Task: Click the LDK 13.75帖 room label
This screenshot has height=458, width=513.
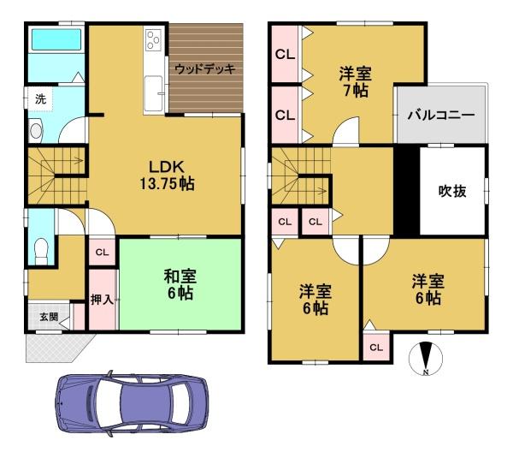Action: click(x=167, y=175)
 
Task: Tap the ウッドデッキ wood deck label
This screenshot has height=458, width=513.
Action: click(x=205, y=69)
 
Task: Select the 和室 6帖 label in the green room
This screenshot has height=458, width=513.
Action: click(x=180, y=285)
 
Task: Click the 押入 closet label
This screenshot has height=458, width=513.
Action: click(x=103, y=299)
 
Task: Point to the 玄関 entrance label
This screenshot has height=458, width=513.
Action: click(x=49, y=317)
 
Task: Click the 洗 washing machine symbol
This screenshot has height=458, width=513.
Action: click(x=40, y=99)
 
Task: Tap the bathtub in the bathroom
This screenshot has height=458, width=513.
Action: click(x=56, y=39)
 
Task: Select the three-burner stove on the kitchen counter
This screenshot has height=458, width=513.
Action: click(x=153, y=40)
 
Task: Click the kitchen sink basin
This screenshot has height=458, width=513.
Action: click(x=153, y=94)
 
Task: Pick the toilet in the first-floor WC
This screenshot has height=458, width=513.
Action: click(x=41, y=252)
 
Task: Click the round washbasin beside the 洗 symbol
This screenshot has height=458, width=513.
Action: click(x=36, y=131)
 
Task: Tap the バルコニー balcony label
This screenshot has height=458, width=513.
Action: click(x=441, y=115)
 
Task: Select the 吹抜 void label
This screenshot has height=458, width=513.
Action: click(x=452, y=191)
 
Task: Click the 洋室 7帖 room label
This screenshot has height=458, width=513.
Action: click(x=356, y=82)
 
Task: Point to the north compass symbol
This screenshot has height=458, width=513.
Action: click(x=426, y=359)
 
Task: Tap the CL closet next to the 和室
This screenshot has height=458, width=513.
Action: click(x=102, y=253)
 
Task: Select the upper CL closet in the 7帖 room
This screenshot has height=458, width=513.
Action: click(x=285, y=54)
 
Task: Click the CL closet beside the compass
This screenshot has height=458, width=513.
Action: click(x=376, y=348)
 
